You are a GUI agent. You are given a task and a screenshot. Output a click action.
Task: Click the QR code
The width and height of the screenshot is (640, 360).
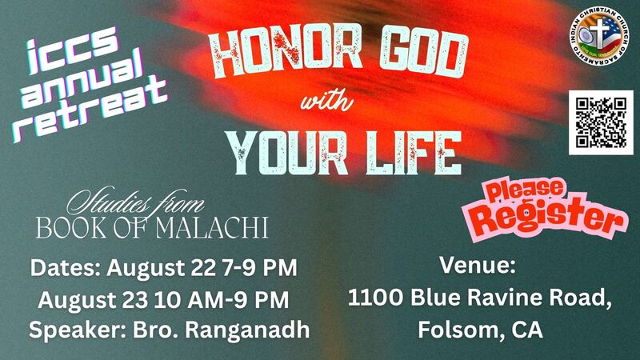coord(601,123)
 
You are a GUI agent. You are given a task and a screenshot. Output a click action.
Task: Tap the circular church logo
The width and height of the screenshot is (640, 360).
coord(599,36)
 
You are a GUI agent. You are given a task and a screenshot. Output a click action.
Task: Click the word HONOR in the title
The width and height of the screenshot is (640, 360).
coord(285,52)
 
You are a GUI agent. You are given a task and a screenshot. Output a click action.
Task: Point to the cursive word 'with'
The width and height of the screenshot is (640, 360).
coord(326,101)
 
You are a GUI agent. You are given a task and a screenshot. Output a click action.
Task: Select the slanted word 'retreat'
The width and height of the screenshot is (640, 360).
coord(90,110)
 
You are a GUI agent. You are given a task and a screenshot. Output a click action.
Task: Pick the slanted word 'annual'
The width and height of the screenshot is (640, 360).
coord(82,79)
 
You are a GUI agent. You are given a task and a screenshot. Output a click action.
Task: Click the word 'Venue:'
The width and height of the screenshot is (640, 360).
coord(478,265)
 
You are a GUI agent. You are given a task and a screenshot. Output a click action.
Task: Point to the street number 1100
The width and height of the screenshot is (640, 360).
coord(375,297)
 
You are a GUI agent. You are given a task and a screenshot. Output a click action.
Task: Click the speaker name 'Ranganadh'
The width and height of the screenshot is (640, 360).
coord(247,330)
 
